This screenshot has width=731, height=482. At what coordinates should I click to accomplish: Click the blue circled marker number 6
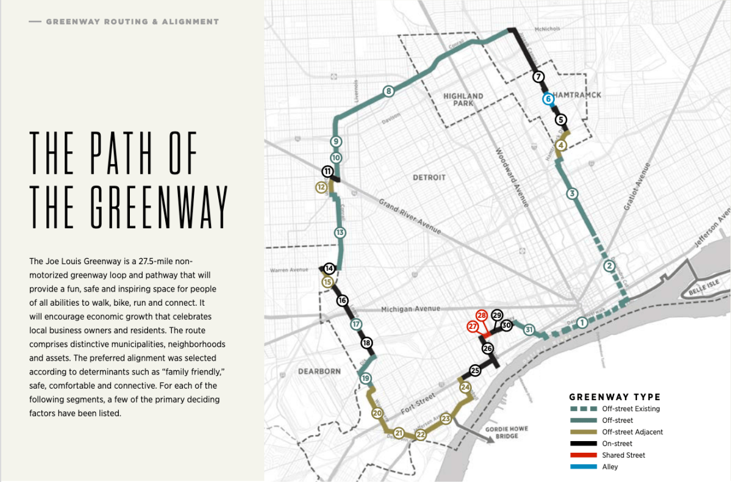click(547, 98)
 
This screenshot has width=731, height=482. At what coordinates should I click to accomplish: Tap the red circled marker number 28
click(482, 315)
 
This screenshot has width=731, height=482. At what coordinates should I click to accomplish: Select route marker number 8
click(388, 92)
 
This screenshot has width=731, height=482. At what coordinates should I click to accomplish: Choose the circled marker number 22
click(420, 435)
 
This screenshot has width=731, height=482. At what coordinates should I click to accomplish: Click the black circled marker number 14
click(329, 268)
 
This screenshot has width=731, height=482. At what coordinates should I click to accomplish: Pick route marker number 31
click(529, 330)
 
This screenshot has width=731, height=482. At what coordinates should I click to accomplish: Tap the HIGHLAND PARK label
click(463, 100)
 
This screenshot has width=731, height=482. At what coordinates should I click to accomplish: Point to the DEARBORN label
click(319, 371)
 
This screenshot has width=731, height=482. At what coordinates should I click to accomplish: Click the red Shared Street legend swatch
click(583, 455)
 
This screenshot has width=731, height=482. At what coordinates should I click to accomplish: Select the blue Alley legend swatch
click(583, 467)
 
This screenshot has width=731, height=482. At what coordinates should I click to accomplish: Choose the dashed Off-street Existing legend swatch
click(583, 409)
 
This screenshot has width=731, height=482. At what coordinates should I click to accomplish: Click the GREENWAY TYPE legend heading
click(615, 397)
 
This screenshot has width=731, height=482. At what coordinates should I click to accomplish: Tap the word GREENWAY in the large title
click(129, 205)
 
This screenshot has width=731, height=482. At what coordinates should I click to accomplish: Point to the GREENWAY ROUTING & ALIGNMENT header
click(132, 21)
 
